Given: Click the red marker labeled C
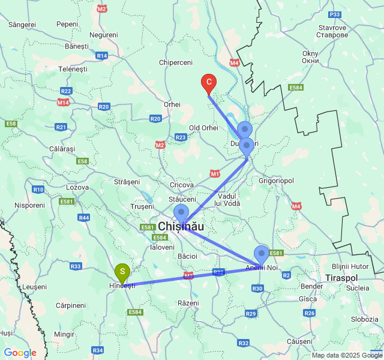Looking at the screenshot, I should click(x=208, y=82).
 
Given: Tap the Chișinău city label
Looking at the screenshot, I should click(x=181, y=227).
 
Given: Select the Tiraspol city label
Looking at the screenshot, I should click(x=341, y=278).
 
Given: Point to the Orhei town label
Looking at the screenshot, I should click(x=172, y=104).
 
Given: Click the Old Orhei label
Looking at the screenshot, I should click(x=203, y=128).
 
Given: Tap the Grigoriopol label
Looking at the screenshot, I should click(x=276, y=179).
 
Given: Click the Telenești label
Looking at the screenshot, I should click(x=73, y=69).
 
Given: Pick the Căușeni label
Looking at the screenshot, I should click(x=300, y=341).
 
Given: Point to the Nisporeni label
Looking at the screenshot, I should click(x=30, y=205).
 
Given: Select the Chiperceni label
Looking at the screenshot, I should click(x=176, y=62).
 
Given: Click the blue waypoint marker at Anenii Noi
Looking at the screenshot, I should click(x=262, y=254).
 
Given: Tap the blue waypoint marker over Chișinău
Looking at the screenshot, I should click(x=181, y=213).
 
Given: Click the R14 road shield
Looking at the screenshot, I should click(x=101, y=55).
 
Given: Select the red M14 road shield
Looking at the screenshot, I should click(x=64, y=103).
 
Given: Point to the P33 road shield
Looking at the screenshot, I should click(x=335, y=14).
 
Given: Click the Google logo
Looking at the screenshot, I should click(x=20, y=353).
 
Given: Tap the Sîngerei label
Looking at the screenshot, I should click(x=23, y=25).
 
